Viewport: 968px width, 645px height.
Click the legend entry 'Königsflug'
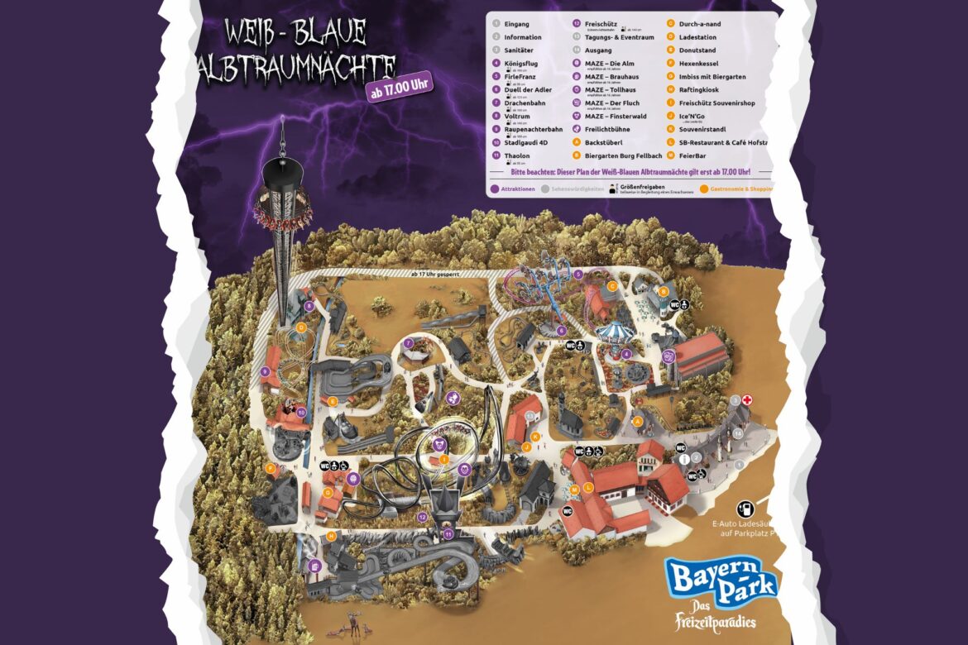[524, 63]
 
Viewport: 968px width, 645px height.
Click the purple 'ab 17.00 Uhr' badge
[400, 88]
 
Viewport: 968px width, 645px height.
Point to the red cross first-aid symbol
[747, 400]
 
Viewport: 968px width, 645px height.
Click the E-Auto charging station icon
[745, 509]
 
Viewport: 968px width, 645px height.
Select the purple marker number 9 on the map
[266, 372]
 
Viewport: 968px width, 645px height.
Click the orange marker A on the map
[637, 421]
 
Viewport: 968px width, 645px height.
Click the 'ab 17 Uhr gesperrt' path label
[435, 274]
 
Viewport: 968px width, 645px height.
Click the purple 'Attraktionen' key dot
[494, 189]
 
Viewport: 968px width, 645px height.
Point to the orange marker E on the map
[333, 401]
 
